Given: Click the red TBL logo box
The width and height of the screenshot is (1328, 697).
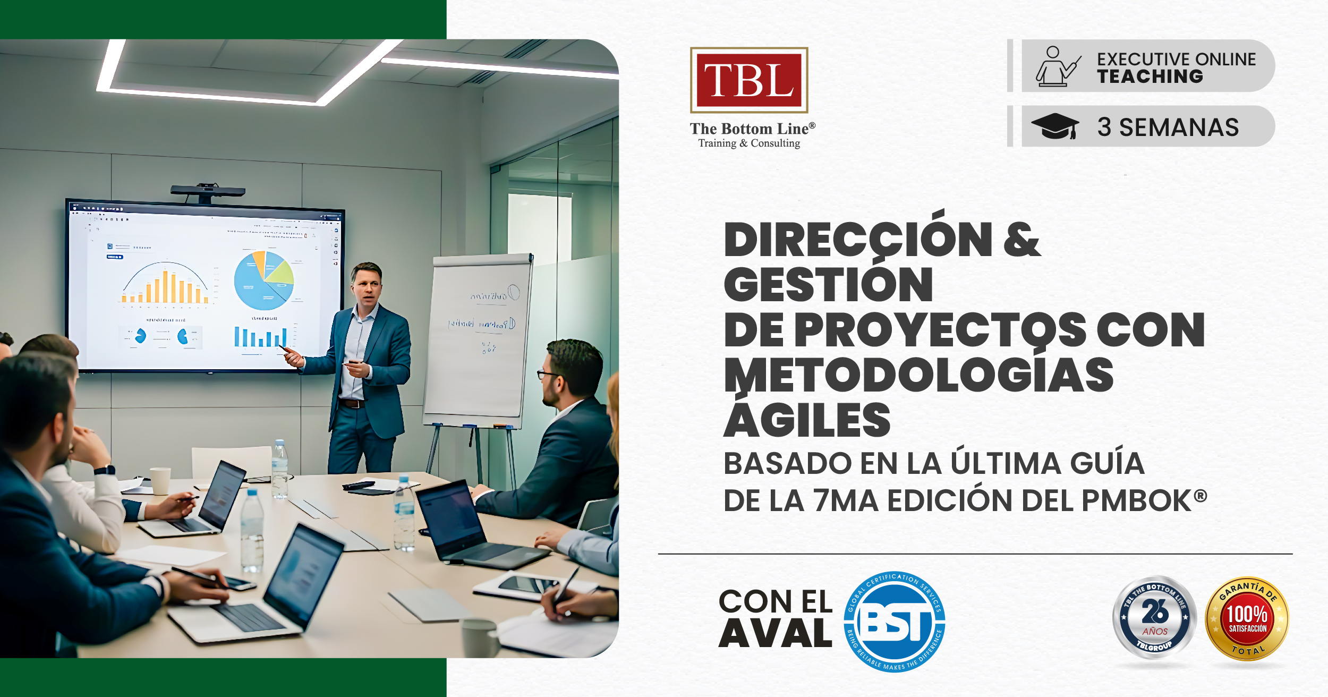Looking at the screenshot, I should (748, 80).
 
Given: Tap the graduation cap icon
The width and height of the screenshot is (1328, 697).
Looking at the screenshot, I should (1055, 126).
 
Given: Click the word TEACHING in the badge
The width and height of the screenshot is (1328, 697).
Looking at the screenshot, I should (1150, 76).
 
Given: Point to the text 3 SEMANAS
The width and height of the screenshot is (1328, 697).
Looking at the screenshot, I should (1168, 127).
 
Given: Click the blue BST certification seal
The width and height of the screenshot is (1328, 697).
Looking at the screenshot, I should (895, 622).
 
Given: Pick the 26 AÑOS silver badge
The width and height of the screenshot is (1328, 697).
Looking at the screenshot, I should (1154, 618).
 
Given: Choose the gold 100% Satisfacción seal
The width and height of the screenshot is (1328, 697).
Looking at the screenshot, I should (1247, 619).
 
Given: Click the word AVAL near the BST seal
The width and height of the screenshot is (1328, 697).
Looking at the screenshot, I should (775, 634).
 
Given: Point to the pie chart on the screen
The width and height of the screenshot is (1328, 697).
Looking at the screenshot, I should (264, 280).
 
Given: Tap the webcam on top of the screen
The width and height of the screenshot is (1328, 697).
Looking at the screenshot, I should (208, 191).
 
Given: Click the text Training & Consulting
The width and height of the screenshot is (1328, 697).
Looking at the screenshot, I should (749, 143).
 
